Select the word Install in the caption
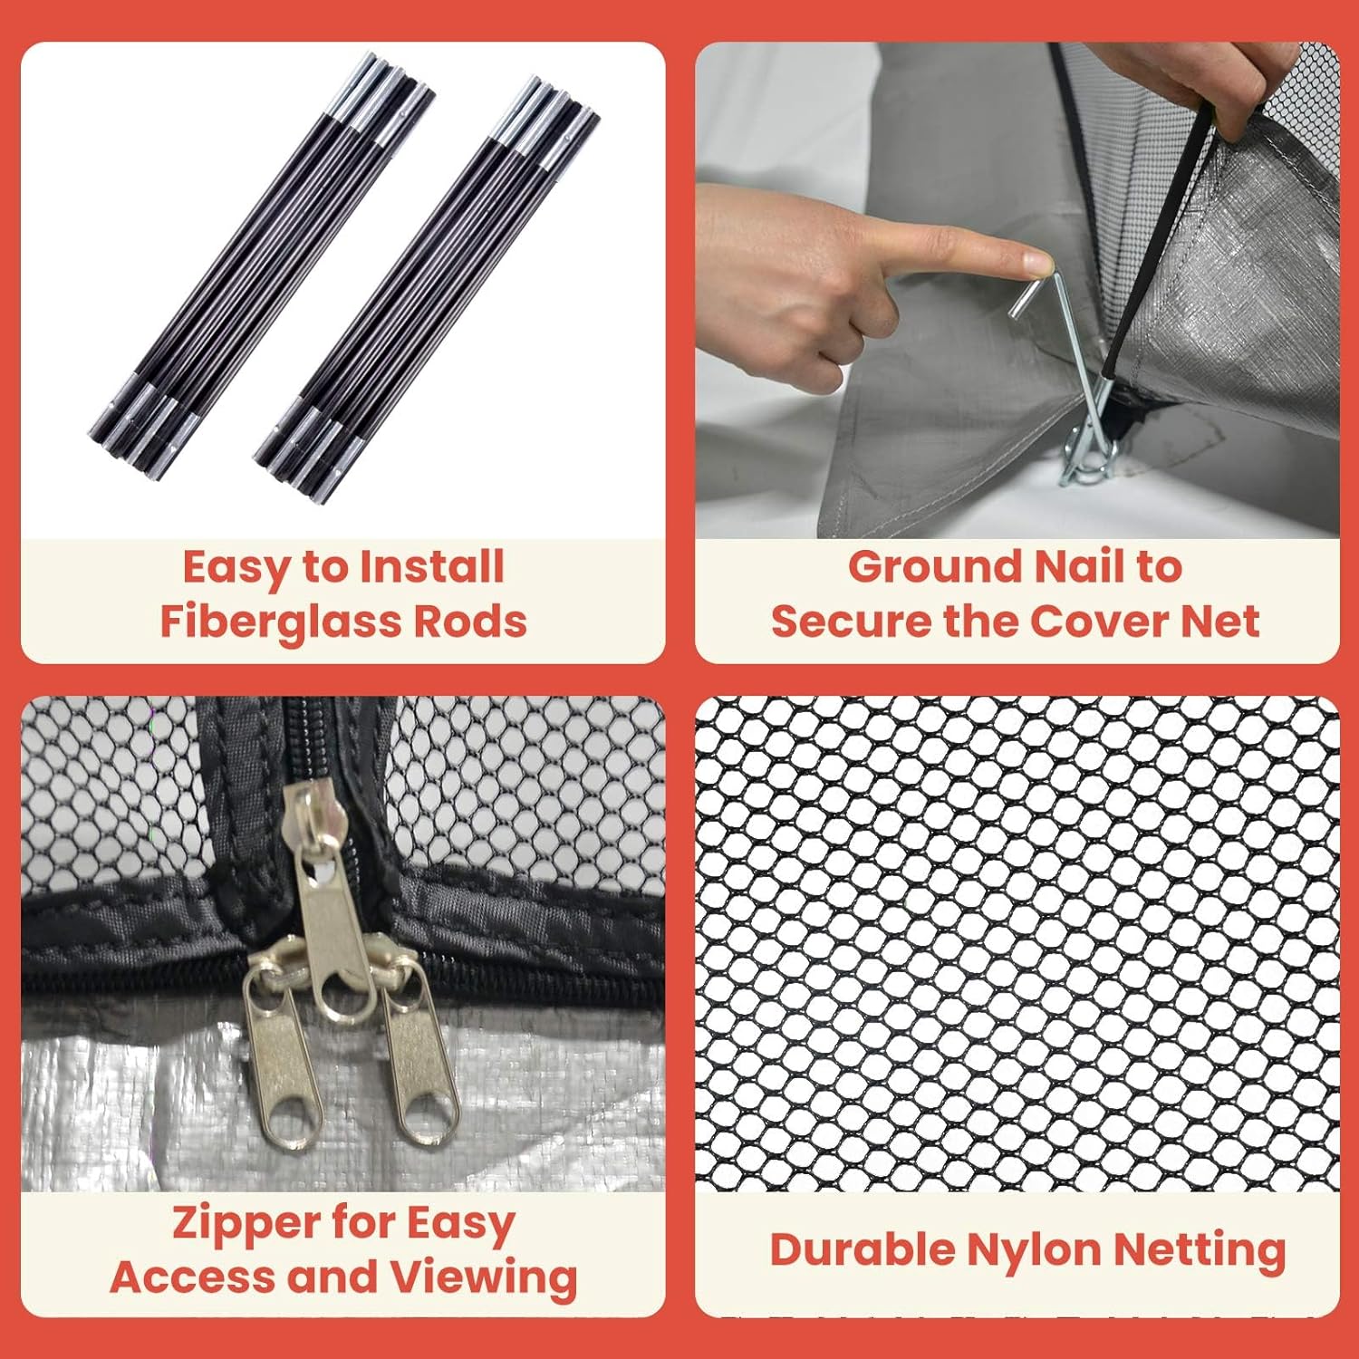pos(431,567)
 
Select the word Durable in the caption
pos(863,1250)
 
